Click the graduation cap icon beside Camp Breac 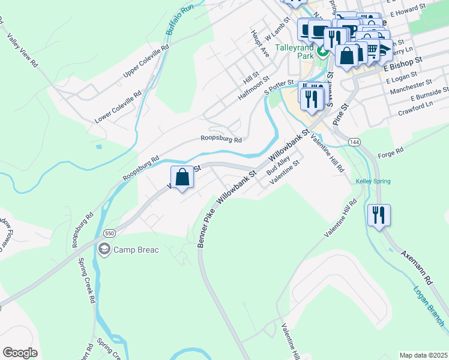point(104,249)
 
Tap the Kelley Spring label point(373,181)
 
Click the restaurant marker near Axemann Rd point(379,215)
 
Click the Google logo point(20,352)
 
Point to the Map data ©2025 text point(423,355)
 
